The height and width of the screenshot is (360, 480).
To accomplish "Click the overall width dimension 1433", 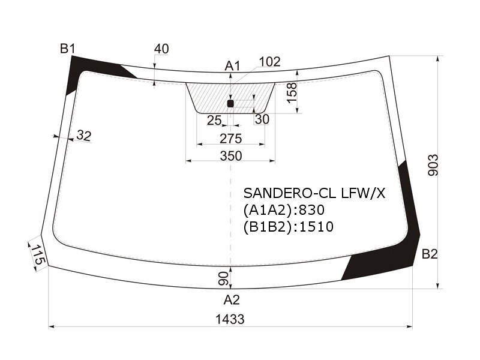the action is [230, 319].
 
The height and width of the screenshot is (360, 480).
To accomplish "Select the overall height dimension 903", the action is [433, 165].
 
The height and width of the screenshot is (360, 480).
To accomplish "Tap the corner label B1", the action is [67, 49].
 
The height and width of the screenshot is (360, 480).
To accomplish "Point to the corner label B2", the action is [430, 254].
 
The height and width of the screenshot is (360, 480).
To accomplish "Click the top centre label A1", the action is [233, 66].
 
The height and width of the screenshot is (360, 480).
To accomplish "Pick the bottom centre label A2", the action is [232, 300].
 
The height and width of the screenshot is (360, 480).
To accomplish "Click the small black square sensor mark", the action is [230, 103].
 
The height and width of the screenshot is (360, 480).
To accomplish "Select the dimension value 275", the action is [230, 139].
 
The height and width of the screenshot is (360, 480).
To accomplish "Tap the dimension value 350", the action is [231, 156].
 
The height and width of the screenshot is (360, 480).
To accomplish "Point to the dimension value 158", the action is [292, 93].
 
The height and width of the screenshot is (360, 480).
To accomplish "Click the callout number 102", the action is [269, 62].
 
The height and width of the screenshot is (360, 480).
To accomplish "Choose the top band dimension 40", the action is [161, 49].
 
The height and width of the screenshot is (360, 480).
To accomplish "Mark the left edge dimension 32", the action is [84, 136].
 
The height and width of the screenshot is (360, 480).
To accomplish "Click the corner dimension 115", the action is [38, 254].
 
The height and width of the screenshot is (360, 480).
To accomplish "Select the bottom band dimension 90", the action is [223, 278].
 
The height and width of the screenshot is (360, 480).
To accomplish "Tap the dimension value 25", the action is [214, 121].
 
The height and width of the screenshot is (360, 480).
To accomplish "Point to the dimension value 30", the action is [262, 119].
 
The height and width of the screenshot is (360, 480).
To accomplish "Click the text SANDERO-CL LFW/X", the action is [314, 193].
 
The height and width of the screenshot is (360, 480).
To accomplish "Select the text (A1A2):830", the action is [284, 210].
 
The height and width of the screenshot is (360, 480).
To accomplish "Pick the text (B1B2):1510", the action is [289, 227].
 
